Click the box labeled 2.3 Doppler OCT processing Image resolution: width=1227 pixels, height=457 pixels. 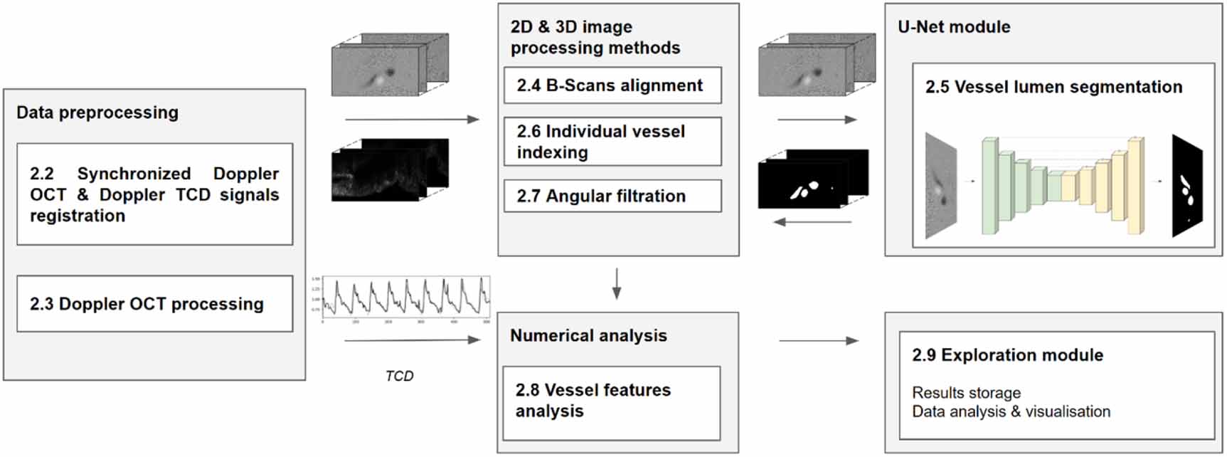coord(154,304)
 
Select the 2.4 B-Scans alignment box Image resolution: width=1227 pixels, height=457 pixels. coord(612,85)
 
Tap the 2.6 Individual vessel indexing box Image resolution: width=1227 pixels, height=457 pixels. coord(612,142)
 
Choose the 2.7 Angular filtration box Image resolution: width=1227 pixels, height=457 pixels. coord(612,196)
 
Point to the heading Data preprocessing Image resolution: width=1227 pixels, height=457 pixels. coord(97,112)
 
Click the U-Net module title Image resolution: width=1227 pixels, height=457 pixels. coord(954,27)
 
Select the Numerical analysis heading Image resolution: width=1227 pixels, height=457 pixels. coord(588,336)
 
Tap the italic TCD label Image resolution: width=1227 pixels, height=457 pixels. coord(399,376)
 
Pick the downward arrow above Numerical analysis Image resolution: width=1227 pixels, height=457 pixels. coord(617,283)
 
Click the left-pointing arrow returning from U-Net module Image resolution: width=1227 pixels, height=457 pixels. coord(812,222)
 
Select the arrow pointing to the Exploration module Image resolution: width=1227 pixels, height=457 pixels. coord(819,341)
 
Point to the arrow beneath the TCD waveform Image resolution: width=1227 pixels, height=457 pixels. coord(413,340)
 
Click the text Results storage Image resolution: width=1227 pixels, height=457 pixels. coord(966,393)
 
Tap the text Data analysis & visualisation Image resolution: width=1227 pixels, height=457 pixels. coord(1011,411)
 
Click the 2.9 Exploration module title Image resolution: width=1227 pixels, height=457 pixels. coord(1007,355)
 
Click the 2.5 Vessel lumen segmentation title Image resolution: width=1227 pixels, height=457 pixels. coord(1053,87)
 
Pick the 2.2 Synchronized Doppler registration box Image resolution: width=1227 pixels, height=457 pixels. coord(154,194)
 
